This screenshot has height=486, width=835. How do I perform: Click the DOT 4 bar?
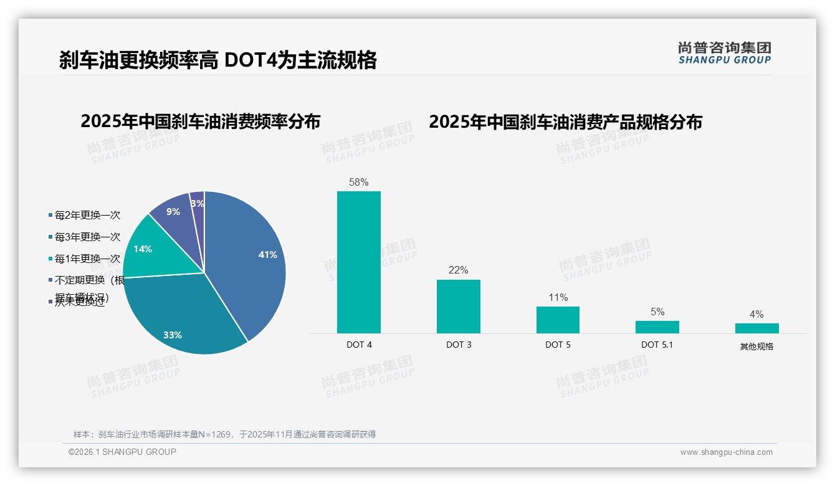click(359, 262)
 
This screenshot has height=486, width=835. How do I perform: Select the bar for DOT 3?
click(458, 306)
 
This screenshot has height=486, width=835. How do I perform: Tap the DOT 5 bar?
click(558, 320)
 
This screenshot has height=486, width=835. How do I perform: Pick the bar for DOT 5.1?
click(657, 327)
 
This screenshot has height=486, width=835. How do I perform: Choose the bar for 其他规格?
click(756, 328)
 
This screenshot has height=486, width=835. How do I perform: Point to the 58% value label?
click(359, 183)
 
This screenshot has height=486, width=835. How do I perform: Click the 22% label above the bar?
click(458, 270)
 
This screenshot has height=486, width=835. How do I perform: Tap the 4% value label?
click(756, 315)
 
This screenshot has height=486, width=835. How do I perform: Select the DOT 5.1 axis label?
click(657, 345)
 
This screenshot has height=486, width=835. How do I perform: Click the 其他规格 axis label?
click(756, 346)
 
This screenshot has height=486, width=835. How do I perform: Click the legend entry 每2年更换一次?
click(87, 216)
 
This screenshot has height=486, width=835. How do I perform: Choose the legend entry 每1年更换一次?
click(87, 259)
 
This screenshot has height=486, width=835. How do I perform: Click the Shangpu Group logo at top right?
click(724, 53)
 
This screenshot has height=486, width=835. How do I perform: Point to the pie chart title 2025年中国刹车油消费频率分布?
click(200, 121)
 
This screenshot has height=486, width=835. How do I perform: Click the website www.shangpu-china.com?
click(726, 452)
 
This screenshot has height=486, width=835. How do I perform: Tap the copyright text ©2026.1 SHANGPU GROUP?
click(122, 452)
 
